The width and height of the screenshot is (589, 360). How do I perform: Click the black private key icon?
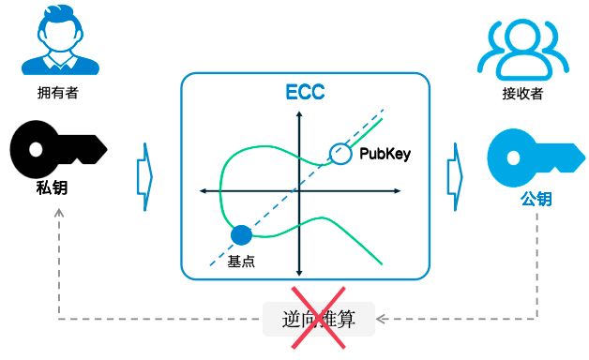coord(58,149)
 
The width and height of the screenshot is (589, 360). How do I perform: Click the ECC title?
coord(305,94)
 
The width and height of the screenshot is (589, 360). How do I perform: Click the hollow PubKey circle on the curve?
coord(339,153)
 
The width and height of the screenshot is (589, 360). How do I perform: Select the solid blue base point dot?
coord(241,236)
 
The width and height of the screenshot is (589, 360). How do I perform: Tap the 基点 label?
coord(242,262)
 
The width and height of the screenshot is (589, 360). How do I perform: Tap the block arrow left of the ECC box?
coord(145,171)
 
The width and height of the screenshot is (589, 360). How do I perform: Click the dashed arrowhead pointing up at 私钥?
coord(59,213)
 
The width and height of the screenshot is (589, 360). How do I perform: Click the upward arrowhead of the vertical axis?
coord(299,115)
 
